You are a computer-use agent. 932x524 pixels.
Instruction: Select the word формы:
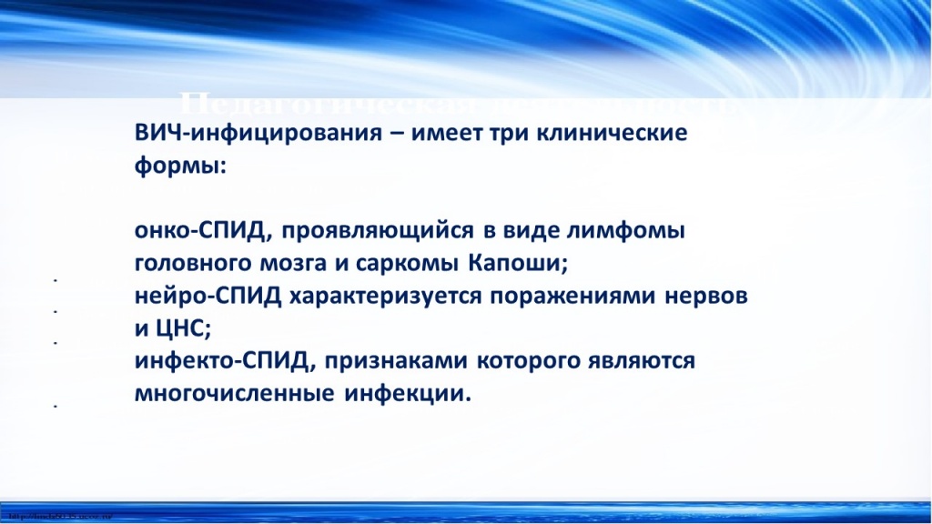178,167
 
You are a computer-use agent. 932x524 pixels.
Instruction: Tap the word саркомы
420,265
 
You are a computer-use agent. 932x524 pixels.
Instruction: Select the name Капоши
519,265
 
